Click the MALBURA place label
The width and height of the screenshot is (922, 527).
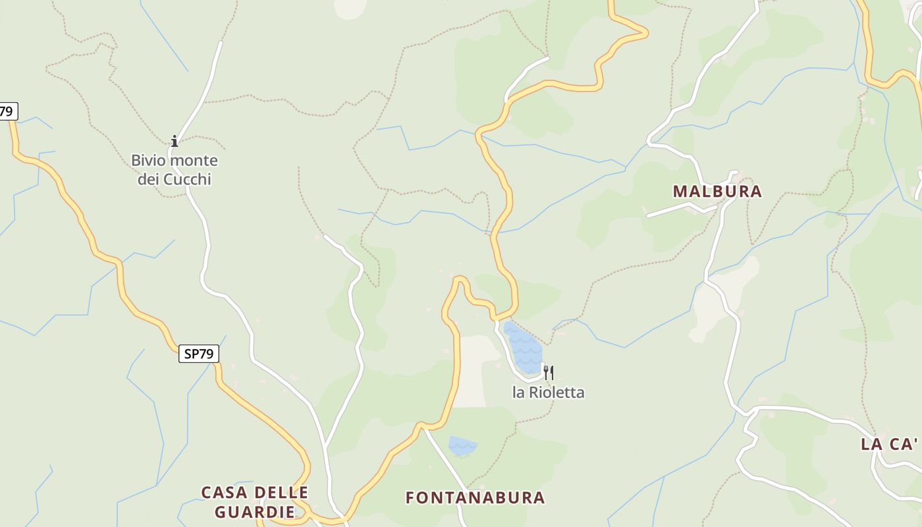coord(717,192)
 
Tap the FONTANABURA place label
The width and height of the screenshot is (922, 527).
coord(475,497)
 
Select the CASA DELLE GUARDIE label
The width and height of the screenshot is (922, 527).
coord(254,502)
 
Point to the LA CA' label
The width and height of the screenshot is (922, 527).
coord(889,445)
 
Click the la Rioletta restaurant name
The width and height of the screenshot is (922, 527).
coord(548,393)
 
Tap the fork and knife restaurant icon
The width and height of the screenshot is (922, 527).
coord(548,374)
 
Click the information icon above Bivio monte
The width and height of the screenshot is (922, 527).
coord(175,141)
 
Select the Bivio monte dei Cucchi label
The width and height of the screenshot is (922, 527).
coord(175,169)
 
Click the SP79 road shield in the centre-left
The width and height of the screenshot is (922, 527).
coord(198,354)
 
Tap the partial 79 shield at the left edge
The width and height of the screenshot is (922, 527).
coord(7,111)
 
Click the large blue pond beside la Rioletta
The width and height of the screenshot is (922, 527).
coord(523,347)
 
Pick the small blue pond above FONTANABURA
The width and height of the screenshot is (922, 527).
coord(462,445)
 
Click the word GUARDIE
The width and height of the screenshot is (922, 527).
coord(254,512)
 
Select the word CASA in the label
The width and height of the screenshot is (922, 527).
coord(225,493)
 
